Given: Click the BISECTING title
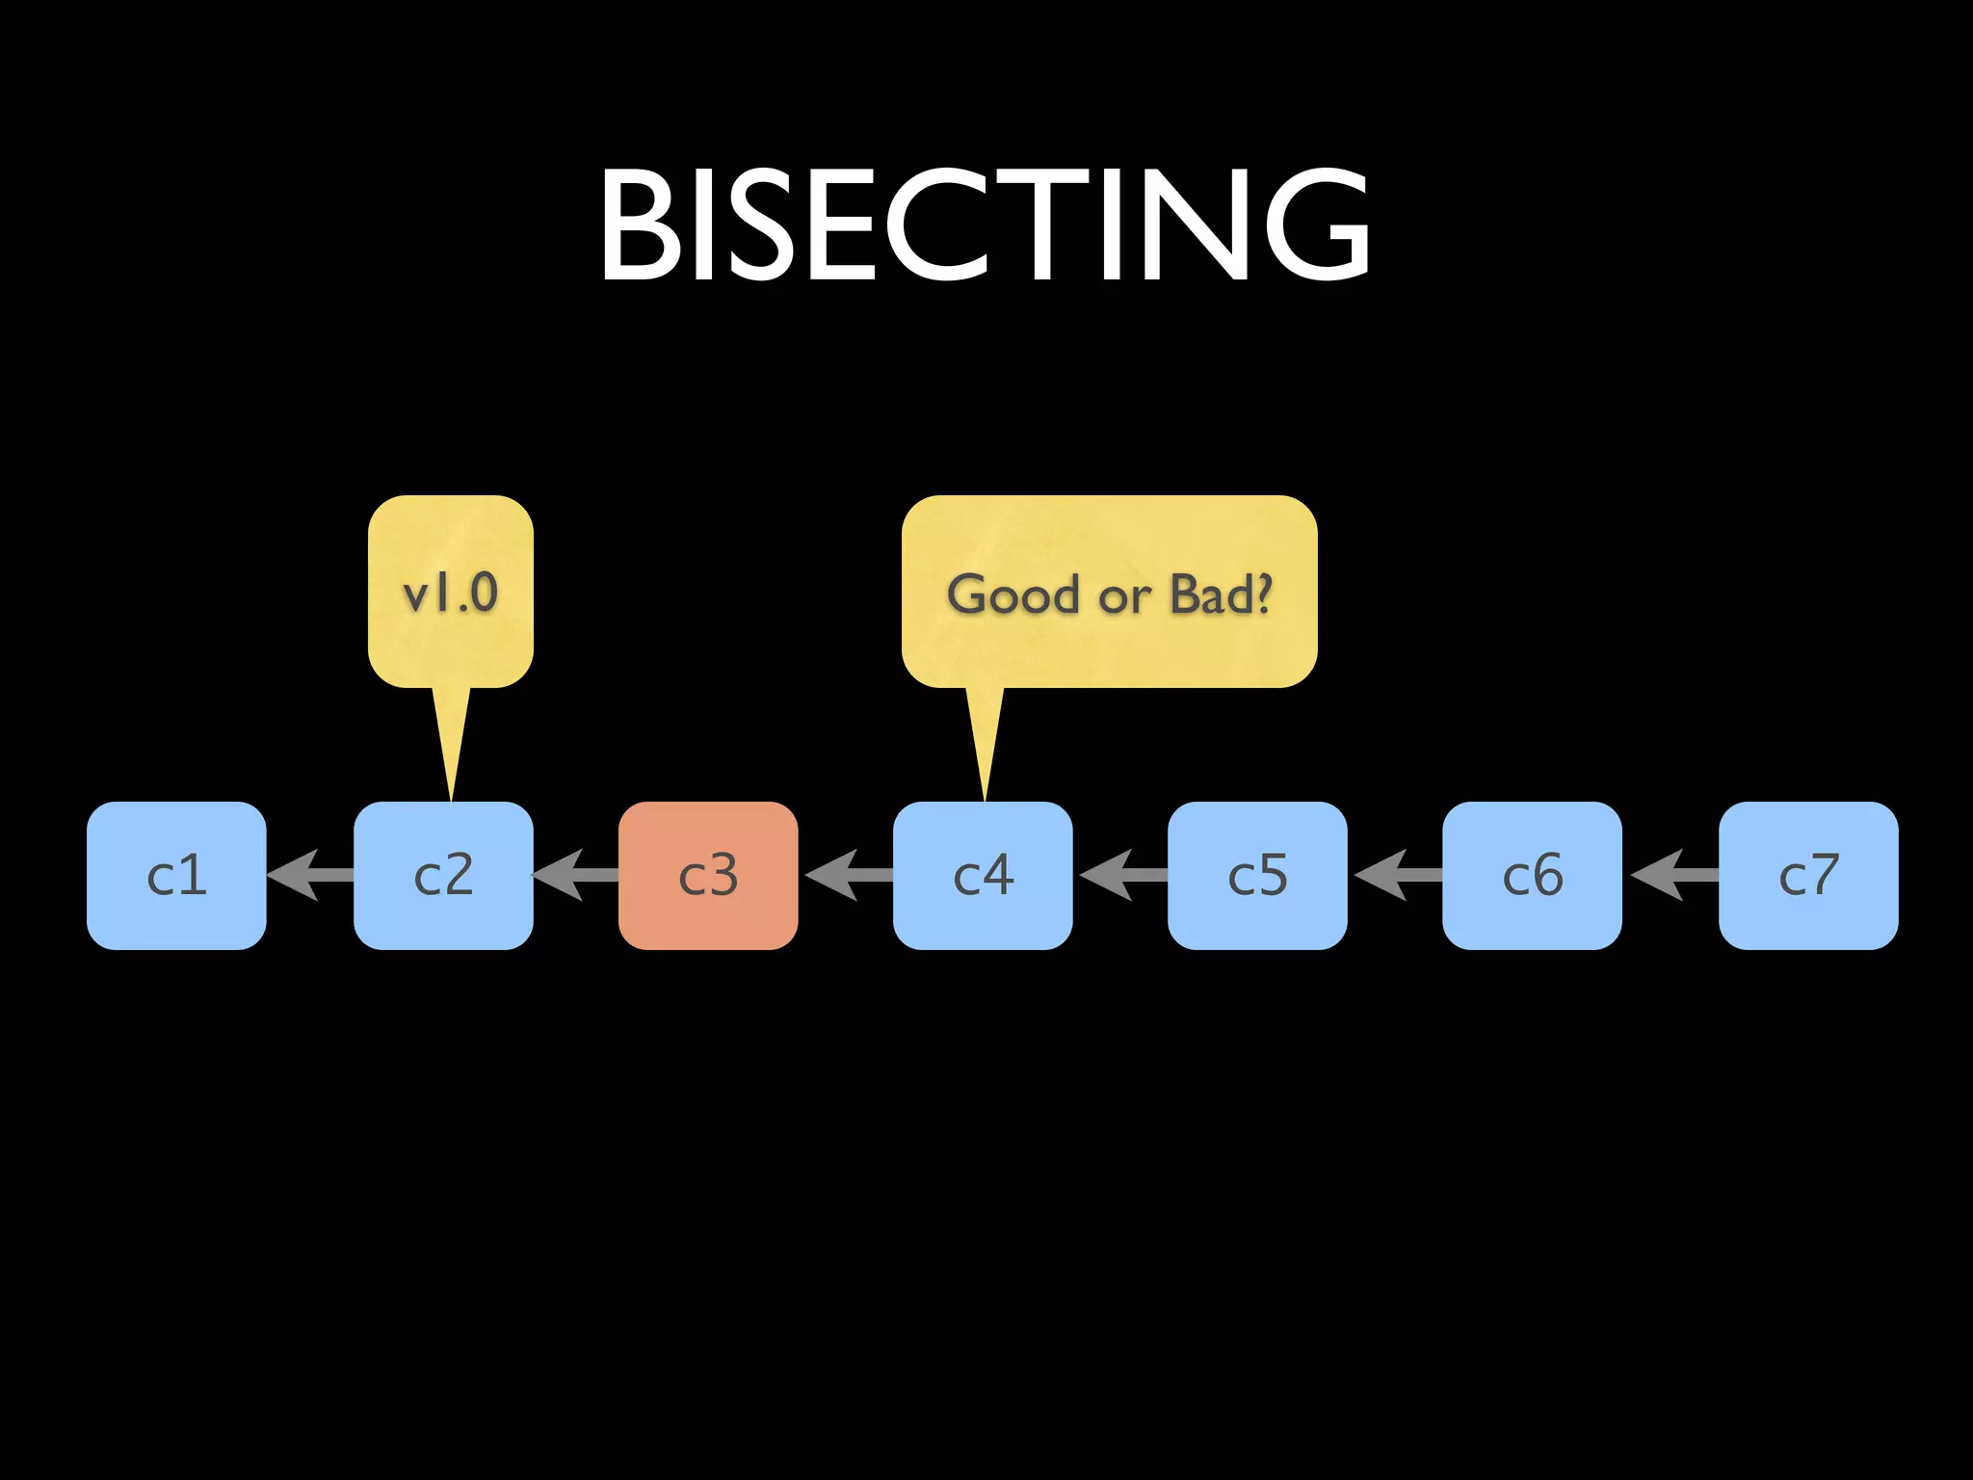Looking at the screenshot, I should [x=985, y=225].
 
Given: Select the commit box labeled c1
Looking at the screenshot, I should [x=176, y=875].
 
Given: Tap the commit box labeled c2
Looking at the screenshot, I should [x=443, y=875].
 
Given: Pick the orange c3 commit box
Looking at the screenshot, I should [x=708, y=875].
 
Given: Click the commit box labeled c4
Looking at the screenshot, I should [x=983, y=875].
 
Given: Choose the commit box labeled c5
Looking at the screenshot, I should [x=1257, y=875].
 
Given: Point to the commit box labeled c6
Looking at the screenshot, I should [x=1532, y=875].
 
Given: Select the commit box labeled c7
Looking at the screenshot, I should [x=1808, y=875].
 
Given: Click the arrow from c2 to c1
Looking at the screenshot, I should [x=308, y=875].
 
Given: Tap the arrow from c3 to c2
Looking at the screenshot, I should [x=574, y=875].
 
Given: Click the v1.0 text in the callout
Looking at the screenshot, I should [x=450, y=593].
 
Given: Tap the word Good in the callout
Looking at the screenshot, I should [x=1013, y=595].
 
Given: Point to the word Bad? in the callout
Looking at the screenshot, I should [x=1221, y=595].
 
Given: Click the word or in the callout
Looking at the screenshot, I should [x=1124, y=597].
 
